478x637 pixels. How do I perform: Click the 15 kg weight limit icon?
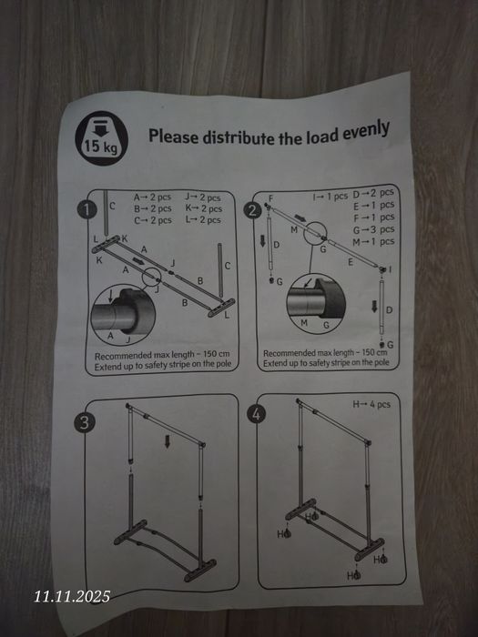click(102, 138)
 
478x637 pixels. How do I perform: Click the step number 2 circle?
click(253, 211)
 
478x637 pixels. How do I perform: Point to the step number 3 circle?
click(84, 423)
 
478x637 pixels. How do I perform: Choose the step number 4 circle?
click(257, 414)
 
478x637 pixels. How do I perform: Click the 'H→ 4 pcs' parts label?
click(371, 404)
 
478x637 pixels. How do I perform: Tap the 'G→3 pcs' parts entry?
click(373, 229)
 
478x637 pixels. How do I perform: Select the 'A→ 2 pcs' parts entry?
click(152, 197)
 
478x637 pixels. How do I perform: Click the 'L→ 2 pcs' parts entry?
click(203, 220)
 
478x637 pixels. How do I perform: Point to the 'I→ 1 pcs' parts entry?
click(331, 197)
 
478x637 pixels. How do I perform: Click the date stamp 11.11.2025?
click(72, 596)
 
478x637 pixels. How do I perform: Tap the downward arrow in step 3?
click(167, 441)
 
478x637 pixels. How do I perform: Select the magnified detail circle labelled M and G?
click(316, 303)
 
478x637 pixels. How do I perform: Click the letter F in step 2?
click(270, 198)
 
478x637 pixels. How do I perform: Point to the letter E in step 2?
click(350, 262)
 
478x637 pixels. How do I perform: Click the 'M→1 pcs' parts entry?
click(373, 242)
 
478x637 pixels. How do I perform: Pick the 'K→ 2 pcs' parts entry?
click(204, 208)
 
